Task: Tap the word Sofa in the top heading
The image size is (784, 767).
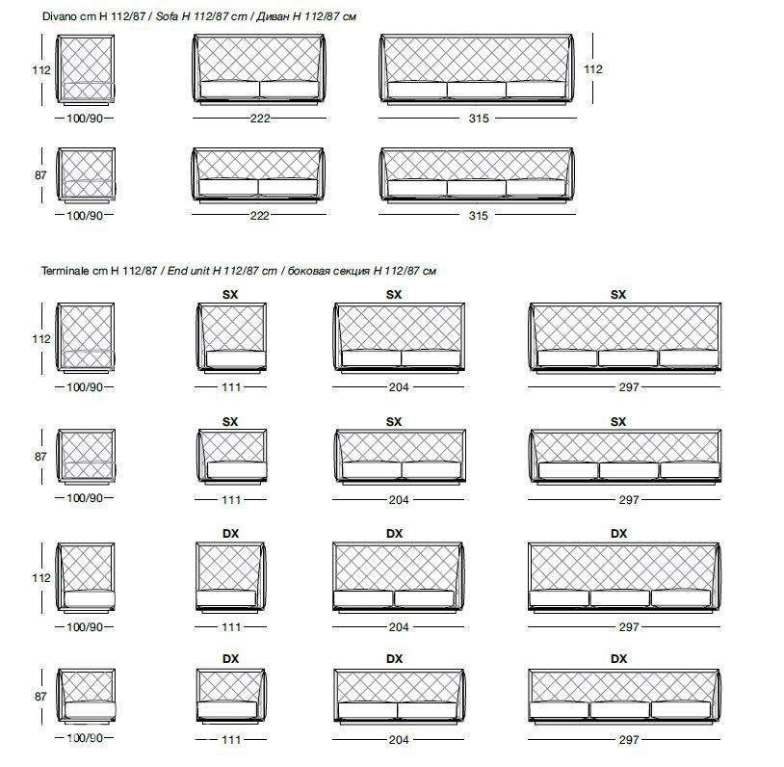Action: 167,16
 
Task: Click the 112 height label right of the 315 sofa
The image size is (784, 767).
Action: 593,69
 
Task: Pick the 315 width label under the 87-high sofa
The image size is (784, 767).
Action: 479,216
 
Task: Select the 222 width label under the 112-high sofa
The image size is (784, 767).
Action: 260,119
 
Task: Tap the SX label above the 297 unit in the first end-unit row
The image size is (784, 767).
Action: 618,295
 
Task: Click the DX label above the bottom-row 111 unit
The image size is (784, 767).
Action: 230,659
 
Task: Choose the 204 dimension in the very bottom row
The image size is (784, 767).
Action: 399,739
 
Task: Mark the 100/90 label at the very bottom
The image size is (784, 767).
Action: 85,737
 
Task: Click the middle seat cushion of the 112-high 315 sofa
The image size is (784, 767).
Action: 477,90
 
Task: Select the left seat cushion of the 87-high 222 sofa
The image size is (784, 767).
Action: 228,187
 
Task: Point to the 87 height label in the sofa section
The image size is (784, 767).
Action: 40,175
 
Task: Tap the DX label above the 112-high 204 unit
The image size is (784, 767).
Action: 395,534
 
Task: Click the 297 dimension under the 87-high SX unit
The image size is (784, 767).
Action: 629,500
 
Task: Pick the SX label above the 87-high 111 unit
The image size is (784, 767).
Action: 230,422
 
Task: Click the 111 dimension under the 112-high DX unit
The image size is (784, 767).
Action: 231,627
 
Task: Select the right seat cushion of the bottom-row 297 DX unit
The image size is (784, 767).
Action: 681,710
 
